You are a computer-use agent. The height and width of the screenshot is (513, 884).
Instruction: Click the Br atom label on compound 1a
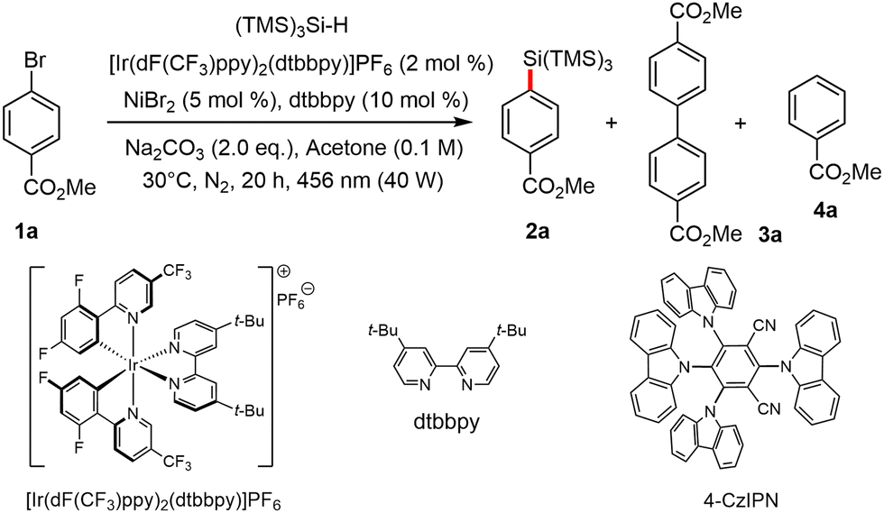point(35,62)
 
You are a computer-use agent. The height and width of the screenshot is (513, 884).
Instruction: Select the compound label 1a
point(26,231)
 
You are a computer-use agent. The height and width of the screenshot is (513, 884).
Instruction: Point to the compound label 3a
point(769,234)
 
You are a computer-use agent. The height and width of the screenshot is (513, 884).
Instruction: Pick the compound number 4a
point(824,211)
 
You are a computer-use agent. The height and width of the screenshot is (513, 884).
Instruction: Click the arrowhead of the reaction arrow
point(464,122)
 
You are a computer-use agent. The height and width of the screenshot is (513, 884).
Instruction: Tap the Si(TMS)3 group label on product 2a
point(567,60)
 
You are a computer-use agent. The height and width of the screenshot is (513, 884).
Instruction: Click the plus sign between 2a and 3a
point(612,123)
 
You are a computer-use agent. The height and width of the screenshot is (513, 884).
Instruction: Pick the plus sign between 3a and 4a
point(741,123)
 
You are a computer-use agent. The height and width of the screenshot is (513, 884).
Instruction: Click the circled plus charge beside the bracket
point(283,271)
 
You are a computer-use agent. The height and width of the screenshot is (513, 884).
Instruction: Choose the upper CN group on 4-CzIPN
point(764,325)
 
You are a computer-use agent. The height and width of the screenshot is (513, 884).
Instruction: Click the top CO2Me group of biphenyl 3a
point(706,12)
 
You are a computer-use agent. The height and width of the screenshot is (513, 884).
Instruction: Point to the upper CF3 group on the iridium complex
point(178,274)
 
